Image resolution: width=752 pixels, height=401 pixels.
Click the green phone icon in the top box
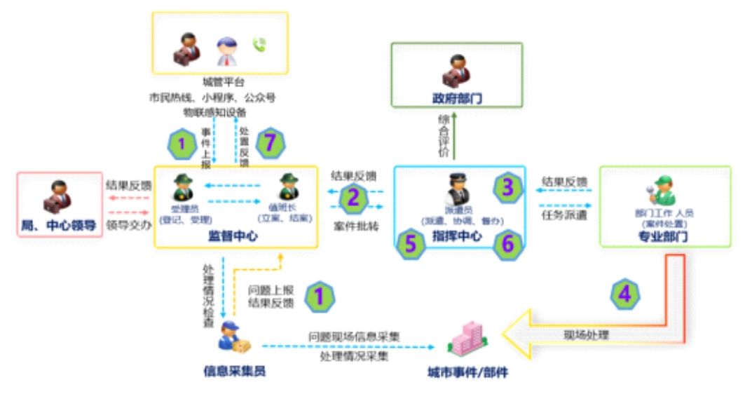(260, 46)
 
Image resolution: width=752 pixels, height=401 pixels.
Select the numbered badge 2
(353, 198)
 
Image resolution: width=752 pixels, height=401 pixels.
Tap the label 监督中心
(233, 236)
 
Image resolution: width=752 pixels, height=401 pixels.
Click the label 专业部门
(664, 237)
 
